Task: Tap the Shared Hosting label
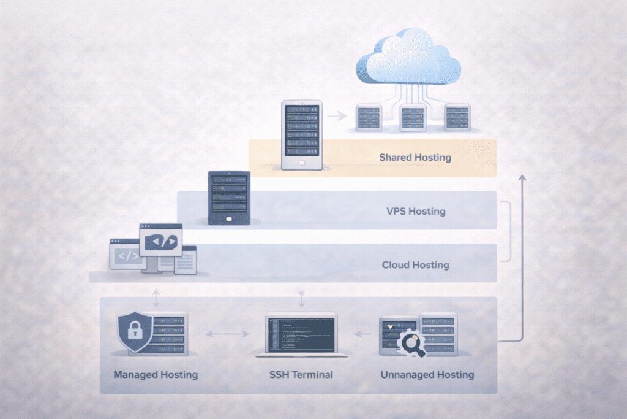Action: pyautogui.click(x=415, y=158)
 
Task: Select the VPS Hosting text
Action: pyautogui.click(x=416, y=212)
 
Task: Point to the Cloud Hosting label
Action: pyautogui.click(x=415, y=265)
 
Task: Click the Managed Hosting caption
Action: pyautogui.click(x=156, y=374)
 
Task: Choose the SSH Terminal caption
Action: pyautogui.click(x=301, y=374)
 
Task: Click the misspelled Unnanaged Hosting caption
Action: pyautogui.click(x=427, y=374)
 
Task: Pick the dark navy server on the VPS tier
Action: pyautogui.click(x=229, y=198)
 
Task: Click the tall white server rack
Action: pyautogui.click(x=301, y=135)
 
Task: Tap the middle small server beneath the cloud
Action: pyautogui.click(x=412, y=117)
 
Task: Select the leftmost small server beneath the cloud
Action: pyautogui.click(x=368, y=117)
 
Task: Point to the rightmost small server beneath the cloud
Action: pyautogui.click(x=457, y=117)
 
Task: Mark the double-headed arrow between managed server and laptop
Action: pyautogui.click(x=227, y=334)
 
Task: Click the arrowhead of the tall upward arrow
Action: pyautogui.click(x=522, y=179)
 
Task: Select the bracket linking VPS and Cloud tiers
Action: pyautogui.click(x=509, y=231)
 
